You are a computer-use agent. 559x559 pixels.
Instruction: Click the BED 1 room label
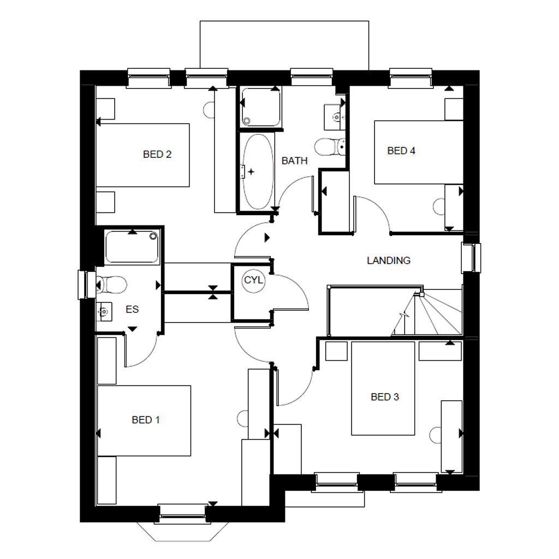coord(146,420)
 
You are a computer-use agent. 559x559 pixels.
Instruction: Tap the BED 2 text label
coord(157,154)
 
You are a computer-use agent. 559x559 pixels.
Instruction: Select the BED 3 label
coord(384,397)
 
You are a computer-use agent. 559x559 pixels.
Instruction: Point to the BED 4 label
coord(401,151)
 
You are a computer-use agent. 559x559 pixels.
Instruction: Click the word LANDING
coord(388,260)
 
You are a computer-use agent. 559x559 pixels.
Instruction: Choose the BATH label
coord(294,160)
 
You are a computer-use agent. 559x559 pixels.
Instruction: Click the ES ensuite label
coord(132,310)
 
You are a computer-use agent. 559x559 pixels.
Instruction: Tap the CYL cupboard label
coord(253,280)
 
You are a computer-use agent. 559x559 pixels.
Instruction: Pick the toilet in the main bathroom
coord(330,146)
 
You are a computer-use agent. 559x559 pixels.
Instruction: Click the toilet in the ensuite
coord(111,284)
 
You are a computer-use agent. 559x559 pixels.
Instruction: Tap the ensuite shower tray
coord(132,247)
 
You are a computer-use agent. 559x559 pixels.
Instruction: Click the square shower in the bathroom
coord(261,106)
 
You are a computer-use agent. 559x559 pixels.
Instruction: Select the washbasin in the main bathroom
coord(334,116)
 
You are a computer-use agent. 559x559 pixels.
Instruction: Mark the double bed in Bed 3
coord(383,388)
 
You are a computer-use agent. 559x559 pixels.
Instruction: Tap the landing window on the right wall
coord(471,258)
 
